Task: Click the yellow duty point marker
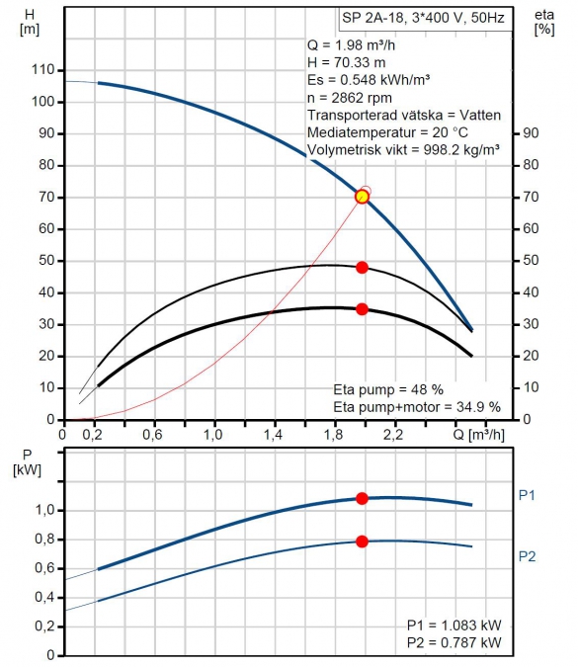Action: click(362, 197)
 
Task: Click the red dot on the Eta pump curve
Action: click(362, 268)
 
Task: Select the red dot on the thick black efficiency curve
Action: click(362, 309)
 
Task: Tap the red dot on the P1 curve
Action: click(362, 499)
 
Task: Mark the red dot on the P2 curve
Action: click(362, 542)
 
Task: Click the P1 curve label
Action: click(527, 495)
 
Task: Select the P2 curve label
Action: click(527, 556)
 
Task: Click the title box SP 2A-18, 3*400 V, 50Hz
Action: click(425, 19)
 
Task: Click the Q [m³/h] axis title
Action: click(478, 435)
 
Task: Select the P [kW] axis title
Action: click(28, 462)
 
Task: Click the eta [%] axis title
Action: click(544, 22)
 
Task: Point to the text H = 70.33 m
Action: click(346, 63)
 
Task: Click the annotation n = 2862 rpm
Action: click(349, 98)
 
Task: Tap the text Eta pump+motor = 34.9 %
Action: click(417, 407)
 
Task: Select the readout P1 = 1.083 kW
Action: click(454, 625)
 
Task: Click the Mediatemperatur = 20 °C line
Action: click(387, 132)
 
